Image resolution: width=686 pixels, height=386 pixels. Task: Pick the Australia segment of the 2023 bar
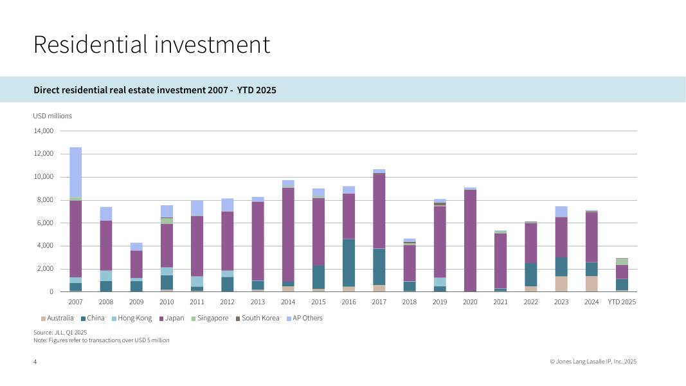click(561, 284)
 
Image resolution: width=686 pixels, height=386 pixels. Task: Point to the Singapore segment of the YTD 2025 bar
click(622, 262)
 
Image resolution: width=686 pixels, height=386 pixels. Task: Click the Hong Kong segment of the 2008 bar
click(106, 275)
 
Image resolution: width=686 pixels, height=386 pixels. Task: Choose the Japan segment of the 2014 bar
click(288, 234)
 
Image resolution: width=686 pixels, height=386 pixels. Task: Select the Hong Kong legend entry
click(134, 318)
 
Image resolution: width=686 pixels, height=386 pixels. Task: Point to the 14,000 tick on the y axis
click(43, 131)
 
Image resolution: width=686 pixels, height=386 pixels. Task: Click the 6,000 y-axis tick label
click(44, 223)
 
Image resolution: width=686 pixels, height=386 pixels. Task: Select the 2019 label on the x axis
click(440, 302)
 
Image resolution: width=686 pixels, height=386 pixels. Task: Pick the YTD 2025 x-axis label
click(622, 302)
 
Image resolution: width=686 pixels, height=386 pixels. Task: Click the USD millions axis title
click(53, 116)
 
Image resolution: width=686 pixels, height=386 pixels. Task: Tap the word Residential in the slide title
click(90, 44)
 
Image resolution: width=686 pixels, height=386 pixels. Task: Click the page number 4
click(35, 362)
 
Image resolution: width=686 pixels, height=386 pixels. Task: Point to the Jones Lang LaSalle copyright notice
click(593, 362)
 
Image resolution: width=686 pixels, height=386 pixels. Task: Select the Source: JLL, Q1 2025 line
click(60, 332)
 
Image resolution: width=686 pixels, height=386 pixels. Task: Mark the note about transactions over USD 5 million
click(102, 340)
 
